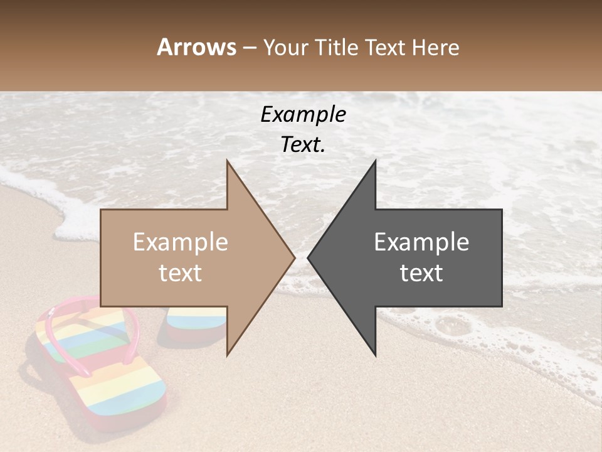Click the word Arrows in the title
click(196, 47)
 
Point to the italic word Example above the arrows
click(303, 114)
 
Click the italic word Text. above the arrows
click(303, 144)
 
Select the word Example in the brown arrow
click(181, 242)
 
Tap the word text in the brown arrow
click(181, 272)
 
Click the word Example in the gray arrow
click(421, 242)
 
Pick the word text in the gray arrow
click(421, 272)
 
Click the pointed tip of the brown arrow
click(293, 257)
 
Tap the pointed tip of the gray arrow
click(309, 257)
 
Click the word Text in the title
click(384, 47)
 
